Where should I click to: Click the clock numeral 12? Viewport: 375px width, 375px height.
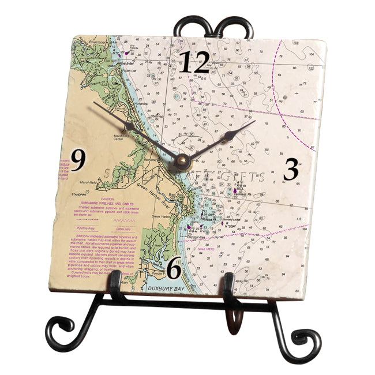click(193, 62)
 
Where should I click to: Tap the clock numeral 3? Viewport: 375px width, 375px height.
click(291, 169)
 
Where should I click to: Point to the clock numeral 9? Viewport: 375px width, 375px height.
click(78, 159)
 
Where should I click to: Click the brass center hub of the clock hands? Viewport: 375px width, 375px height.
click(183, 161)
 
